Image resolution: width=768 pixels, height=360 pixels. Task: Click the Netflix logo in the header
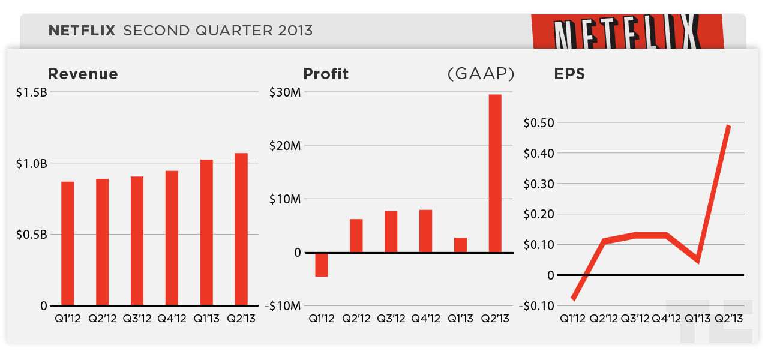click(628, 33)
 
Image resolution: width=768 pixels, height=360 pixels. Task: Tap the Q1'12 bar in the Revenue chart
click(67, 243)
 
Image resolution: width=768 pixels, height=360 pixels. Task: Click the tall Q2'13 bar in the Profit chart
click(495, 173)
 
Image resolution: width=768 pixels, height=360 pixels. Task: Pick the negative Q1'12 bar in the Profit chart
click(322, 265)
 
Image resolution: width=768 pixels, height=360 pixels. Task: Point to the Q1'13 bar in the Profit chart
click(460, 245)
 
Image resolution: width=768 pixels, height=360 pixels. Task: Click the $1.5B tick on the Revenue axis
click(32, 92)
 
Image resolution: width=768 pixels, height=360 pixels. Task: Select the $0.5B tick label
click(32, 234)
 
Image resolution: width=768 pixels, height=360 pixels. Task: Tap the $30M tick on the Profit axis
click(285, 92)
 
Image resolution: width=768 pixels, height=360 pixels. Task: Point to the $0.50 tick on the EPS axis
click(539, 122)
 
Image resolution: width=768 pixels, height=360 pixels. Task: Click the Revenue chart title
click(83, 74)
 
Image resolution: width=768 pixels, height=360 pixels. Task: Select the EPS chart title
click(569, 74)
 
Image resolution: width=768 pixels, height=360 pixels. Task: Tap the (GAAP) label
click(481, 74)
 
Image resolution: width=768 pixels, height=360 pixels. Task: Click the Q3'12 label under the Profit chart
click(391, 319)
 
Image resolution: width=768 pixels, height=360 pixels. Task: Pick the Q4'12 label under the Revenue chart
click(172, 319)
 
